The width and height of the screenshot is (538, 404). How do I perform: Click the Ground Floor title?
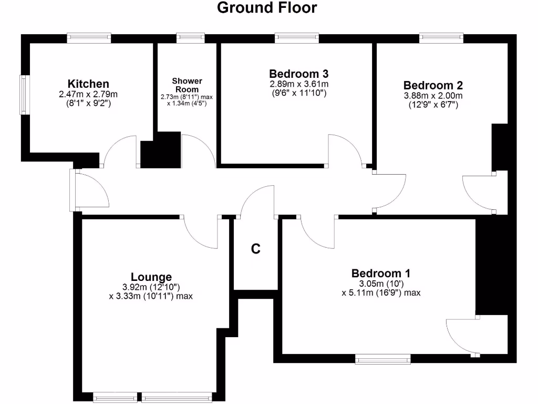pos(267,8)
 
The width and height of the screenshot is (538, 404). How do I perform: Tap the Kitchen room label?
pos(88,84)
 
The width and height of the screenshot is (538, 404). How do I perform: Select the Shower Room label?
pos(187,85)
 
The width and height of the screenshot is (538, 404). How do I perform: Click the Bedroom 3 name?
pos(298,74)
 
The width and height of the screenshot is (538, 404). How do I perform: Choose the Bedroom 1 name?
pos(380,274)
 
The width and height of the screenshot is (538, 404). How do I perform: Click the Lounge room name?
pos(151,277)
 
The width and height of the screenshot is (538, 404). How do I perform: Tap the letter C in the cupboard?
pos(255,249)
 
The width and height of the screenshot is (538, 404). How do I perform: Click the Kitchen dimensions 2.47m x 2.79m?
pos(88,94)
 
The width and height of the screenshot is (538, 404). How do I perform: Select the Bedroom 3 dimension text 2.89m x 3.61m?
pos(298,84)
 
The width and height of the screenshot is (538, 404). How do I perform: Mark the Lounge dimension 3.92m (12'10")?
pos(151,287)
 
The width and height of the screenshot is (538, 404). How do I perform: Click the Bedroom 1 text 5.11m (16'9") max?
pos(380,293)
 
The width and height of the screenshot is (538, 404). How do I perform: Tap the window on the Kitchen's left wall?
pos(24,95)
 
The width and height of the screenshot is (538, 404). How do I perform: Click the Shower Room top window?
pos(190,38)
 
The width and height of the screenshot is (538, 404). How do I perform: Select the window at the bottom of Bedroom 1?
pos(382,359)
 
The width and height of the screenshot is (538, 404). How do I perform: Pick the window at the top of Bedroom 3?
pos(296,38)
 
